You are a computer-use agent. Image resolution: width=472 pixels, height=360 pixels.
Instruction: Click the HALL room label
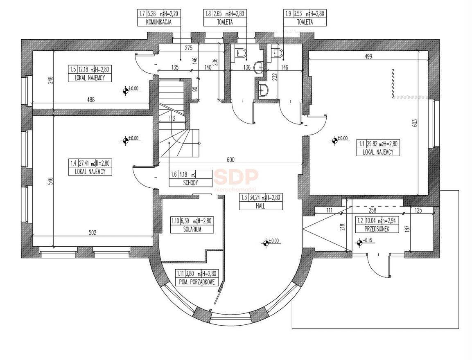(261, 206)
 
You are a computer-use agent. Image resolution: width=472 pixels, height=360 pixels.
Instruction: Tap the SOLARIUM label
(192, 229)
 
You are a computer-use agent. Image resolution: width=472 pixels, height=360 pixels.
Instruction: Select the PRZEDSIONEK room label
(377, 229)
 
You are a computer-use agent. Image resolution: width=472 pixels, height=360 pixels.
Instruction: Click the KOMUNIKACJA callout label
(159, 22)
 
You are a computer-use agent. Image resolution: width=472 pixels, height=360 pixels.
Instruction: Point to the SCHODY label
(190, 183)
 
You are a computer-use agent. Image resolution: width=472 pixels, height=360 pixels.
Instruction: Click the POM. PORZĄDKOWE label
(196, 282)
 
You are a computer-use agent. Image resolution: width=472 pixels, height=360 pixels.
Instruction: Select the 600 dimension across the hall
(230, 160)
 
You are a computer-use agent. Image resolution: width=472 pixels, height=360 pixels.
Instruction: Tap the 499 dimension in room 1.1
(368, 56)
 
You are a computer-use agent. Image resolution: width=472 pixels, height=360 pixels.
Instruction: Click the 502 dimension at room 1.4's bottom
(93, 232)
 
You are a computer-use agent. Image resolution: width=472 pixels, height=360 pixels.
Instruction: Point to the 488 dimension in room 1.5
(90, 100)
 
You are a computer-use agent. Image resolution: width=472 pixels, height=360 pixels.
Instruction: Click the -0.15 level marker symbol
(359, 243)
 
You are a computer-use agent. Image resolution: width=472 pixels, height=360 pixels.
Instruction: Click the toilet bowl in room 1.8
(240, 54)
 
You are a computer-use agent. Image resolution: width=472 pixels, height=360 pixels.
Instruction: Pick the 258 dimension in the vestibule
(373, 210)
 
